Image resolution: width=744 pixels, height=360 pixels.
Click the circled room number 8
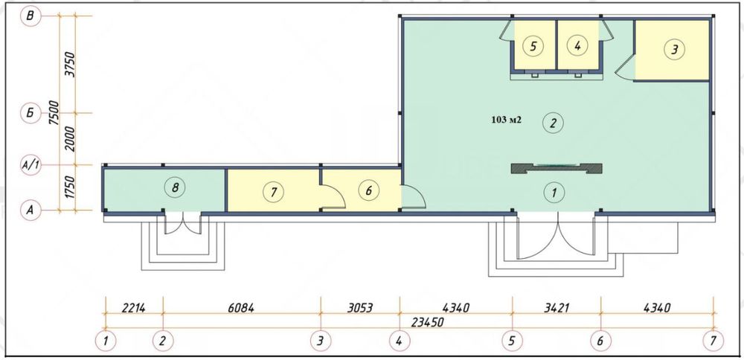point(175,187)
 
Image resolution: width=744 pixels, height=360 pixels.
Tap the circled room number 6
point(369,190)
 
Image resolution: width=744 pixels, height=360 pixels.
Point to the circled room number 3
point(674,49)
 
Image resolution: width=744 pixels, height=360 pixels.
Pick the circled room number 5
point(533,46)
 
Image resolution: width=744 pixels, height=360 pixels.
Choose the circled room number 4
point(577,46)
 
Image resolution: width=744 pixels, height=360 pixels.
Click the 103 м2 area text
point(507,120)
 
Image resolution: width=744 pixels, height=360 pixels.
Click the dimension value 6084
point(241,308)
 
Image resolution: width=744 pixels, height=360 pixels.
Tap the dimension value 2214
point(133,308)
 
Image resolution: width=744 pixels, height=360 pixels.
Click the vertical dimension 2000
point(70,138)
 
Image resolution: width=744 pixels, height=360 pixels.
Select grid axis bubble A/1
point(31,165)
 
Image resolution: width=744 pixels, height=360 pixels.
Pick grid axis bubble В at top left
point(31,16)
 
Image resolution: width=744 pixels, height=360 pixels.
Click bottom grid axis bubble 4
point(400,341)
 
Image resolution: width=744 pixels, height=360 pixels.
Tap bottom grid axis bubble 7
point(713,341)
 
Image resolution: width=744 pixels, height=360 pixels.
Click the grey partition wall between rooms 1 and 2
point(556,168)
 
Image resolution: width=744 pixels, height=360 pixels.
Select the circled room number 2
point(552,123)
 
